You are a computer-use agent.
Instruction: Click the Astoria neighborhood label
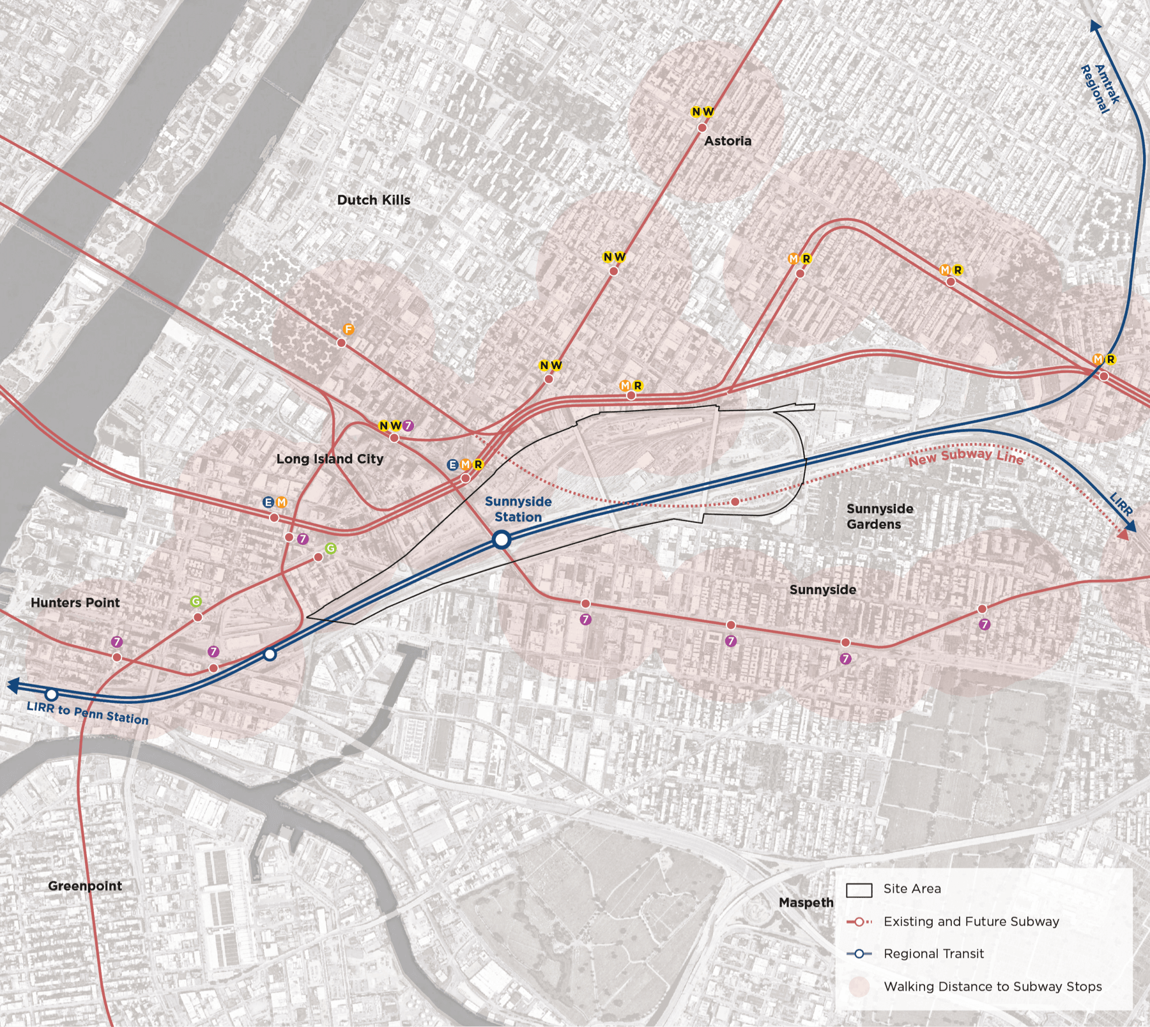pyautogui.click(x=728, y=141)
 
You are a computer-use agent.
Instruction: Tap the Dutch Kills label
pyautogui.click(x=374, y=200)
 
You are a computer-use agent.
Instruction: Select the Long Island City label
pyautogui.click(x=330, y=459)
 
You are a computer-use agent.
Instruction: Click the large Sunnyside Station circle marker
pyautogui.click(x=502, y=540)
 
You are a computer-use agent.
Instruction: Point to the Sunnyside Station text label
pyautogui.click(x=518, y=509)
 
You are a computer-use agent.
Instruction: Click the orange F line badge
pyautogui.click(x=348, y=330)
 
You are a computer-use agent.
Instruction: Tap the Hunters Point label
pyautogui.click(x=75, y=602)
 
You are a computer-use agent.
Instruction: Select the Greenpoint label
pyautogui.click(x=85, y=886)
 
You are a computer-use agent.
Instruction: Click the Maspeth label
pyautogui.click(x=806, y=902)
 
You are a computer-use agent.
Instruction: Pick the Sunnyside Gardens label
pyautogui.click(x=880, y=516)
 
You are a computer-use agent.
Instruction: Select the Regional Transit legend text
pyautogui.click(x=933, y=954)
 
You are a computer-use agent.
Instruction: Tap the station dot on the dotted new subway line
pyautogui.click(x=735, y=502)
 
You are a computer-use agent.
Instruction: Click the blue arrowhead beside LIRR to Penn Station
pyautogui.click(x=12, y=685)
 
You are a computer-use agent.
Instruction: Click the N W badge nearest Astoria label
pyautogui.click(x=702, y=112)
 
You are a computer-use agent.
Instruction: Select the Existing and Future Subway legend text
pyautogui.click(x=971, y=921)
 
